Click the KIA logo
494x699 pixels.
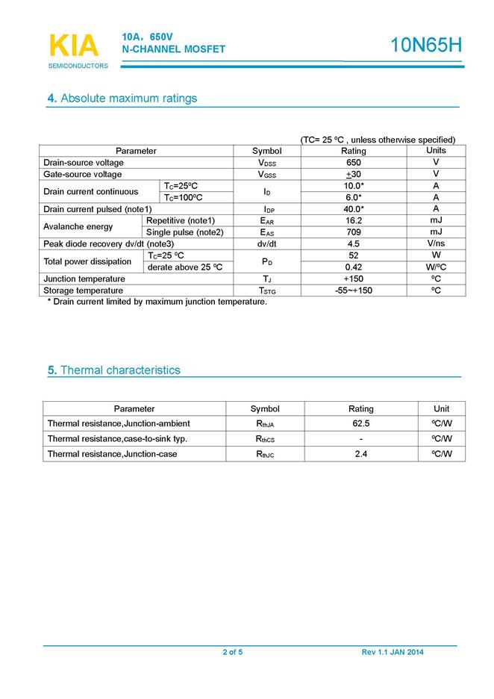click(x=74, y=46)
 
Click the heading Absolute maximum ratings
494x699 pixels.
click(x=122, y=99)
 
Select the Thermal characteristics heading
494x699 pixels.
click(x=113, y=370)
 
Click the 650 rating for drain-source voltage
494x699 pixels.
click(x=354, y=163)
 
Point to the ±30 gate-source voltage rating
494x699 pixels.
click(x=354, y=175)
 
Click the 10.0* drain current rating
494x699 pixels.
click(x=354, y=186)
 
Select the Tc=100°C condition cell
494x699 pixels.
click(x=184, y=197)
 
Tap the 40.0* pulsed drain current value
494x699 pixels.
click(x=354, y=209)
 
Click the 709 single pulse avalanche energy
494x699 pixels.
click(x=354, y=232)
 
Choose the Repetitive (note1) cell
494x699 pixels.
click(x=181, y=220)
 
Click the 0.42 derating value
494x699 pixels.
click(x=354, y=267)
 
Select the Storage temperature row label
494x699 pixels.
click(x=84, y=290)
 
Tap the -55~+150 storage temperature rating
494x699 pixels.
click(x=354, y=290)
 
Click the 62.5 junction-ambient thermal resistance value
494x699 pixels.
click(x=361, y=423)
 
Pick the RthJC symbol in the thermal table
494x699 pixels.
click(x=265, y=454)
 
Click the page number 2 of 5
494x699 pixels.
click(x=232, y=653)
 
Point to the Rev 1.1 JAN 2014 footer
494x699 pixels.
click(x=393, y=653)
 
